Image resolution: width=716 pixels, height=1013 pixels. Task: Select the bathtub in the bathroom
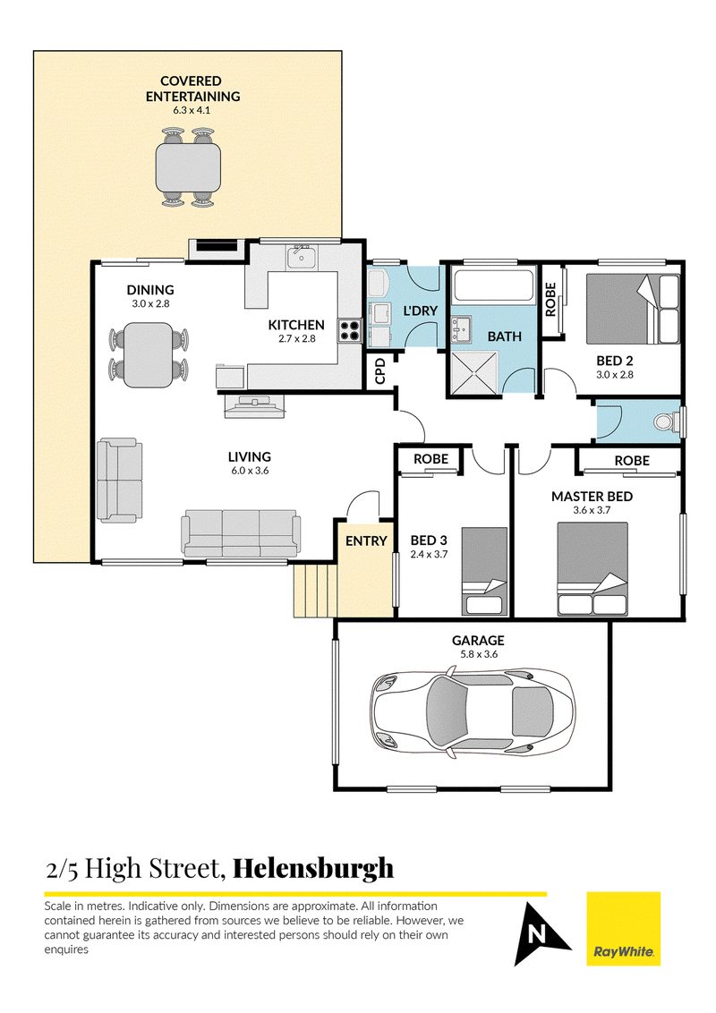491,285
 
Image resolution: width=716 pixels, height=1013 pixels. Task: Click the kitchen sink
301,259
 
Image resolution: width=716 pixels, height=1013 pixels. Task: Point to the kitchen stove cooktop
348,331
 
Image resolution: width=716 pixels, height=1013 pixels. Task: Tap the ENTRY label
365,541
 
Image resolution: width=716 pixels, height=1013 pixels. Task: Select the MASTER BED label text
592,497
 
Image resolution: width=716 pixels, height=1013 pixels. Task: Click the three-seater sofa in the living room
241,533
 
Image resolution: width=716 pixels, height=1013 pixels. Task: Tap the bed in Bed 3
483,570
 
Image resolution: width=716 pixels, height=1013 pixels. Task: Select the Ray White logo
623,928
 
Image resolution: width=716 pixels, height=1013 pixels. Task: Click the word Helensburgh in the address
313,868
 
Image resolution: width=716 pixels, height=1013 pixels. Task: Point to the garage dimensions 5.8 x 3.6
478,654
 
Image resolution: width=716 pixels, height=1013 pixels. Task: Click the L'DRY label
419,310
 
